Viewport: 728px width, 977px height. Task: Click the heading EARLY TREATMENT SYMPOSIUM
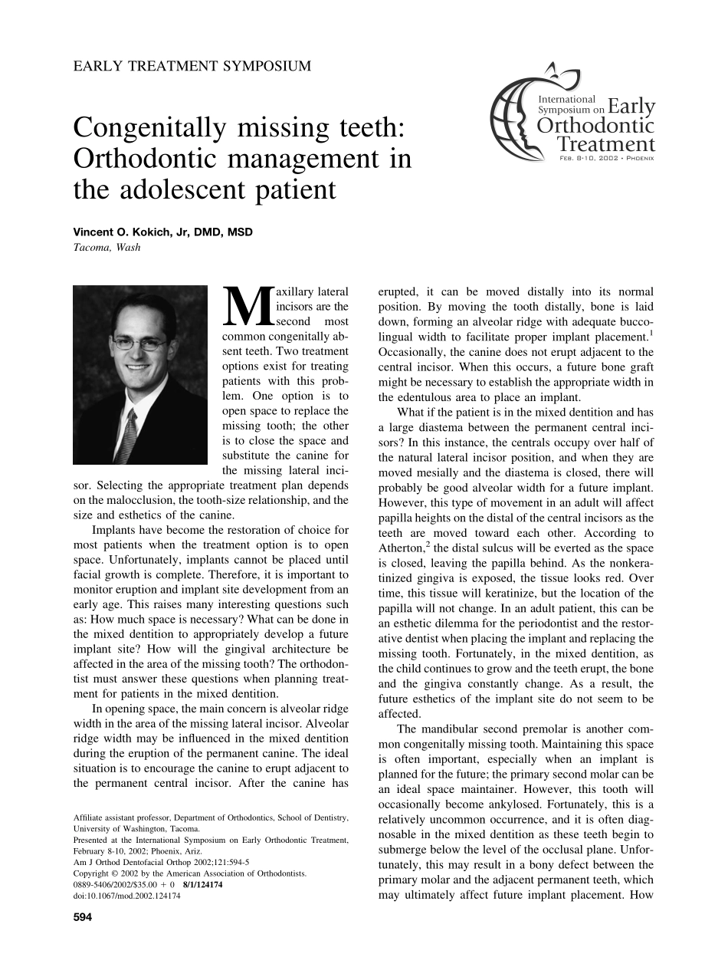192,66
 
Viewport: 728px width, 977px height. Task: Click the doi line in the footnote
126,895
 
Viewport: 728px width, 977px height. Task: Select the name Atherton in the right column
399,548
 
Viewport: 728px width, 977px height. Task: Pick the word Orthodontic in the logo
605,125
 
